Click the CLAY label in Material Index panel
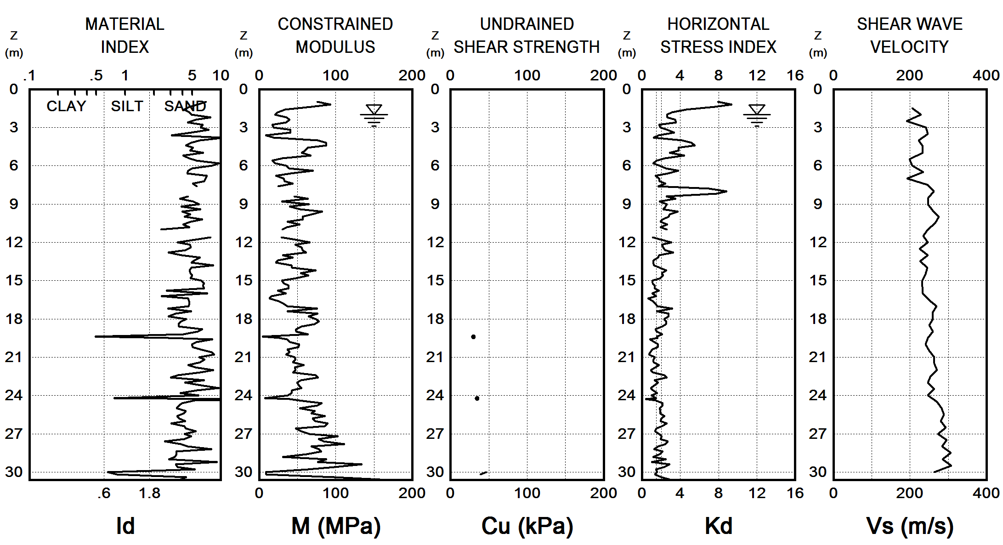[66, 106]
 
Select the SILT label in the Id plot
[127, 106]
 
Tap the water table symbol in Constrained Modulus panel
[374, 114]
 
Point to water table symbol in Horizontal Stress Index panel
[757, 114]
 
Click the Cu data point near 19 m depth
[473, 337]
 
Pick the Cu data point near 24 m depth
[477, 398]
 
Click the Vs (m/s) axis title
[909, 526]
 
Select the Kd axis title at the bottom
[718, 526]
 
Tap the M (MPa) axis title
[336, 526]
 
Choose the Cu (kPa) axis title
[527, 526]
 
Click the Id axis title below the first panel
[125, 526]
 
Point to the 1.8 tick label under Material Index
[150, 494]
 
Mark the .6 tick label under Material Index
[104, 494]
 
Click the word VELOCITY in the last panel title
[909, 47]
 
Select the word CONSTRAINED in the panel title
[335, 24]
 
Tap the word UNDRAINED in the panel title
[527, 24]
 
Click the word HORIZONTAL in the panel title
[718, 24]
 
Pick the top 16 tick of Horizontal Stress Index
[795, 75]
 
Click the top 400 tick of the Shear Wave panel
[986, 75]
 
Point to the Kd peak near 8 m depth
[726, 191]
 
